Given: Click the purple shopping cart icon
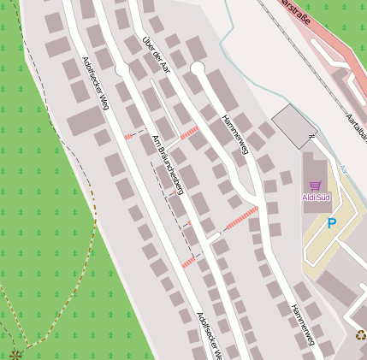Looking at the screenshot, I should pos(316,185).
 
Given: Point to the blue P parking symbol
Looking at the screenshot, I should pos(331,224).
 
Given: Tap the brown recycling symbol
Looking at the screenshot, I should pos(361,334).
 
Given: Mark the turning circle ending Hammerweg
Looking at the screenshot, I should pos(198,68).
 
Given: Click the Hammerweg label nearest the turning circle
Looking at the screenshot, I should pos(234,135).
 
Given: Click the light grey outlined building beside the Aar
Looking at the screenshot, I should pos(293,126).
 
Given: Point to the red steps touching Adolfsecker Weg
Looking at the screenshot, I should pos(129,136).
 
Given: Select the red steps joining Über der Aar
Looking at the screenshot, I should pos(189,132).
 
